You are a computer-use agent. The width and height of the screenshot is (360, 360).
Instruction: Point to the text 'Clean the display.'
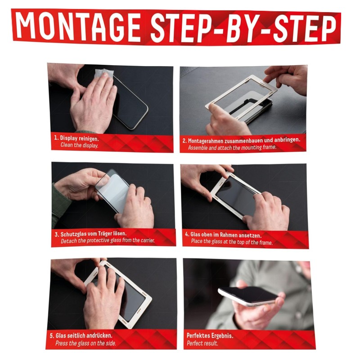coord(80,145)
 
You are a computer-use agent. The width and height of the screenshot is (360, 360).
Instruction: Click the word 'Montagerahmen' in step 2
coord(208,140)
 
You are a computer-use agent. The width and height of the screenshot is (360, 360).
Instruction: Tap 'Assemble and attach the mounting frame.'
coord(232,148)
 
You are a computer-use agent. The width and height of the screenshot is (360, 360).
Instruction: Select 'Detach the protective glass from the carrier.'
coord(108,241)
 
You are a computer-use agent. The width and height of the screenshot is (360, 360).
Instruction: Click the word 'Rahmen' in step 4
coord(229,235)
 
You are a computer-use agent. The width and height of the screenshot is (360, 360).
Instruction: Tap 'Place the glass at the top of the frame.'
coord(232,242)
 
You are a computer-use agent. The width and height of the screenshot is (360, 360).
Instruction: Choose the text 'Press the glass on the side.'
coord(85,343)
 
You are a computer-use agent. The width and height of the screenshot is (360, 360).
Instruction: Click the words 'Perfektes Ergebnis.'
coord(210,336)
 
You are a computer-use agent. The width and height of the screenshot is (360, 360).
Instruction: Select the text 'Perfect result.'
coord(202,343)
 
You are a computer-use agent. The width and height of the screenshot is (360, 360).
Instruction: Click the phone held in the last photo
coord(248,296)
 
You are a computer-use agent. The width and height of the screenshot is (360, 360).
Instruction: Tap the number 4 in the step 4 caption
coord(187,234)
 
